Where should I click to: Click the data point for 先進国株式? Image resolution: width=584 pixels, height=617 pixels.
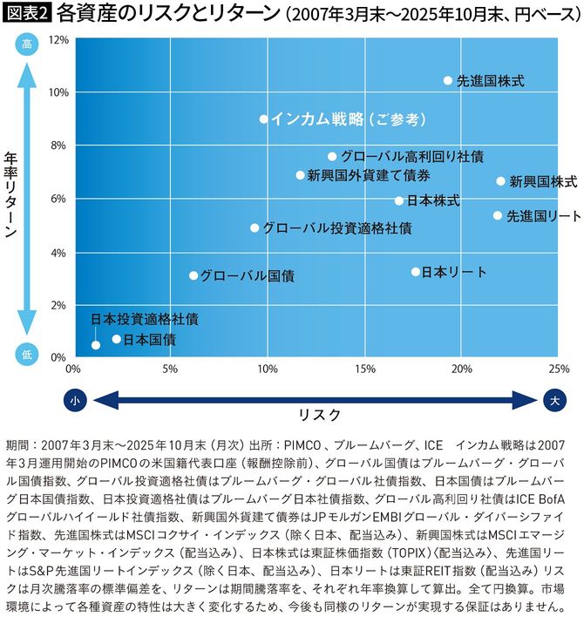coord(448,80)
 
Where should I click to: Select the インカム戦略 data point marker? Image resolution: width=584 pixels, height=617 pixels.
coord(264,119)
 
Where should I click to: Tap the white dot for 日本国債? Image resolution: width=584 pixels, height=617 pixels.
coord(117,339)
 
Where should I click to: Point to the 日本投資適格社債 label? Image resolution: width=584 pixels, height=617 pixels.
coord(144,318)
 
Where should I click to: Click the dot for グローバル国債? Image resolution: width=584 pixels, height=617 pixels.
coord(194,275)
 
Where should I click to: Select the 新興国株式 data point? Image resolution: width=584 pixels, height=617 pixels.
coord(500,181)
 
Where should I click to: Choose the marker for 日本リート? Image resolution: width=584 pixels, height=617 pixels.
coord(416,272)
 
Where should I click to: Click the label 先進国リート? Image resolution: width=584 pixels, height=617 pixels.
coord(543,215)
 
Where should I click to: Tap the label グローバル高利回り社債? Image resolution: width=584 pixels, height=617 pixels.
coord(411,157)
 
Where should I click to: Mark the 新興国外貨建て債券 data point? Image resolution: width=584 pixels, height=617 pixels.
coord(301,175)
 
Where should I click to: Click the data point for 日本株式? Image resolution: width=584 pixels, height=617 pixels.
coord(399,200)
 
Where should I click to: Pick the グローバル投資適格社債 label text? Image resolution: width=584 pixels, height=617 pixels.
coord(336,228)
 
